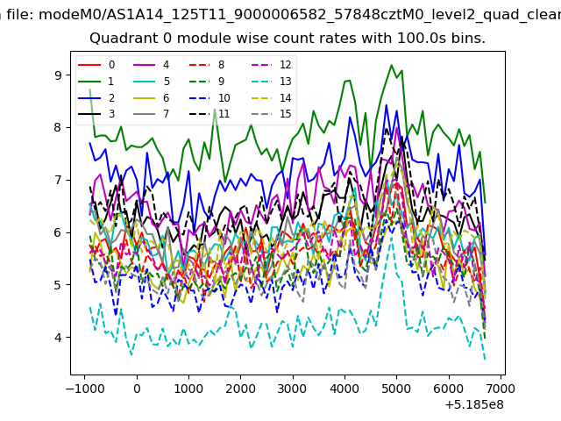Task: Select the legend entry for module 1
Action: tap(96, 82)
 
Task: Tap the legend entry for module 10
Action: tap(209, 97)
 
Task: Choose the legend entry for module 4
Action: tap(151, 65)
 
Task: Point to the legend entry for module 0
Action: tap(96, 65)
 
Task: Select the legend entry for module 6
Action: tap(151, 97)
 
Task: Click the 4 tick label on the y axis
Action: tap(58, 337)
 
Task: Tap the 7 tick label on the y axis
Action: tap(58, 180)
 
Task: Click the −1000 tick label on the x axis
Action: tap(85, 389)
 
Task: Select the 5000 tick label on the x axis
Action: tap(396, 389)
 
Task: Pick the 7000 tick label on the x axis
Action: tap(501, 389)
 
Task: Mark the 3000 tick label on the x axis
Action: tap(293, 389)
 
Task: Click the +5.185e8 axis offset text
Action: tap(474, 405)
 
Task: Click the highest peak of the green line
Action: tap(392, 65)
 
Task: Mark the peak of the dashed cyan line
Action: tap(392, 237)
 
